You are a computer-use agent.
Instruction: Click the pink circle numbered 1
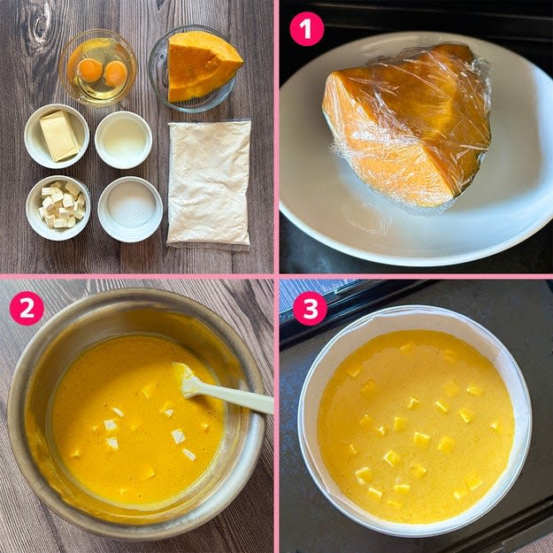[306, 29]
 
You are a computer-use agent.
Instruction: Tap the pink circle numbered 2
[27, 308]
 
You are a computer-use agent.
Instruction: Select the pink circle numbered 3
[310, 309]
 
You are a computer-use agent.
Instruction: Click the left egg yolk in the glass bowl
[90, 70]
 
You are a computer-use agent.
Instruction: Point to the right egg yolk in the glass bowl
[116, 73]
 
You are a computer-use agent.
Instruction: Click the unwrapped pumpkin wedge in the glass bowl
[202, 65]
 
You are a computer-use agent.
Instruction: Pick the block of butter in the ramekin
[59, 135]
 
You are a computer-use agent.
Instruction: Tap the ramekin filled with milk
[124, 140]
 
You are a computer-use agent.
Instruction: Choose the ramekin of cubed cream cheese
[58, 208]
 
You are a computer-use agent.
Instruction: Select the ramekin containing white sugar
[130, 209]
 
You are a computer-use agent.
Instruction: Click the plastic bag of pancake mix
[209, 183]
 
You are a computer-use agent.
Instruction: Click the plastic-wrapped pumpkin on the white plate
[407, 126]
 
